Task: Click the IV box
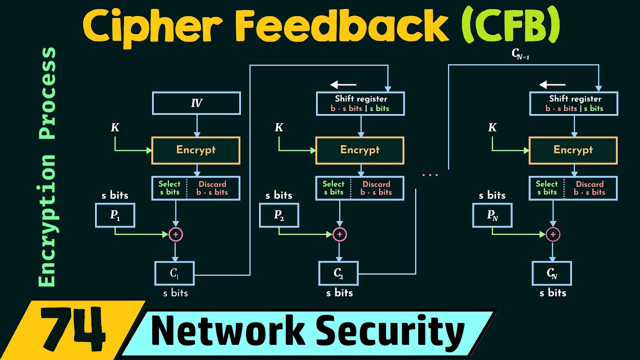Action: (x=196, y=103)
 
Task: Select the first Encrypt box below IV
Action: (x=196, y=149)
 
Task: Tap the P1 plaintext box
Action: (x=115, y=215)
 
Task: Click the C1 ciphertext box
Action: (x=174, y=273)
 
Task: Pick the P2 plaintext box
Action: (x=279, y=215)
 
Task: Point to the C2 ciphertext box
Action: (x=338, y=273)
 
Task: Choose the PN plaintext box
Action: (x=492, y=215)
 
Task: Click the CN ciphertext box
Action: (x=552, y=273)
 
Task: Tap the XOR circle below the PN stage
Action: (x=552, y=234)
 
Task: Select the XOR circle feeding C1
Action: (x=175, y=234)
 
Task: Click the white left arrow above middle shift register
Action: (x=343, y=84)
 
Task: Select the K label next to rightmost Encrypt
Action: (x=492, y=128)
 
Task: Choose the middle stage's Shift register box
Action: (x=360, y=103)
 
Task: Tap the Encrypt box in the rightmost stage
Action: (x=573, y=149)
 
